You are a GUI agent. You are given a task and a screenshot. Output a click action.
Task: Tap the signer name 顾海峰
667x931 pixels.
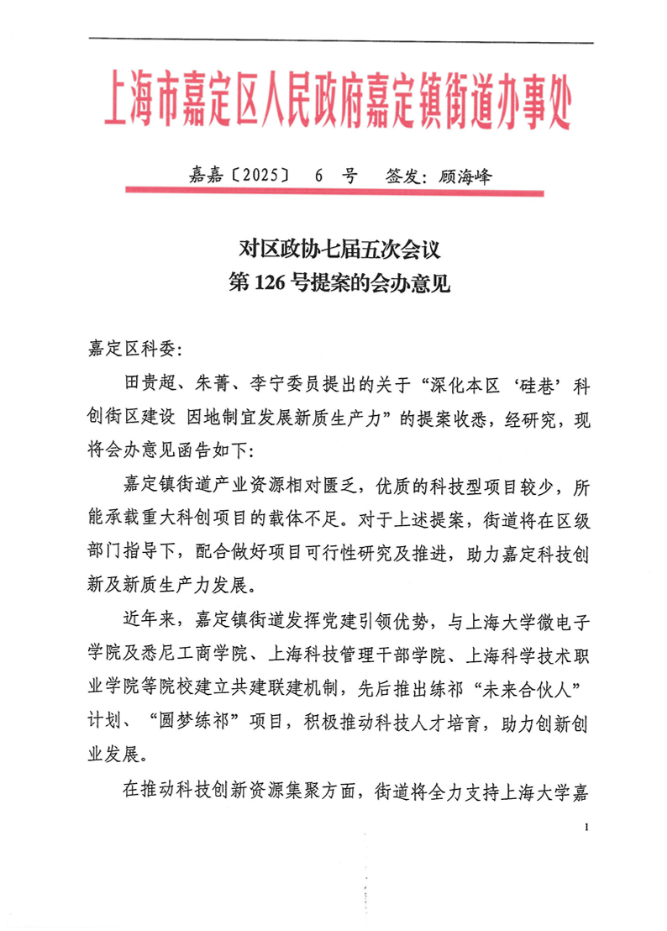pos(464,176)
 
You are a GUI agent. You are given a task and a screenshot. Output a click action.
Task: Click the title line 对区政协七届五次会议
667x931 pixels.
pos(334,250)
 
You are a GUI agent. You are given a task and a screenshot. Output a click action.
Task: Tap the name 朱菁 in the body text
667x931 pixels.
pos(215,386)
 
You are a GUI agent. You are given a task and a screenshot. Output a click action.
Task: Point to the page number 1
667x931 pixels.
pos(586,829)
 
